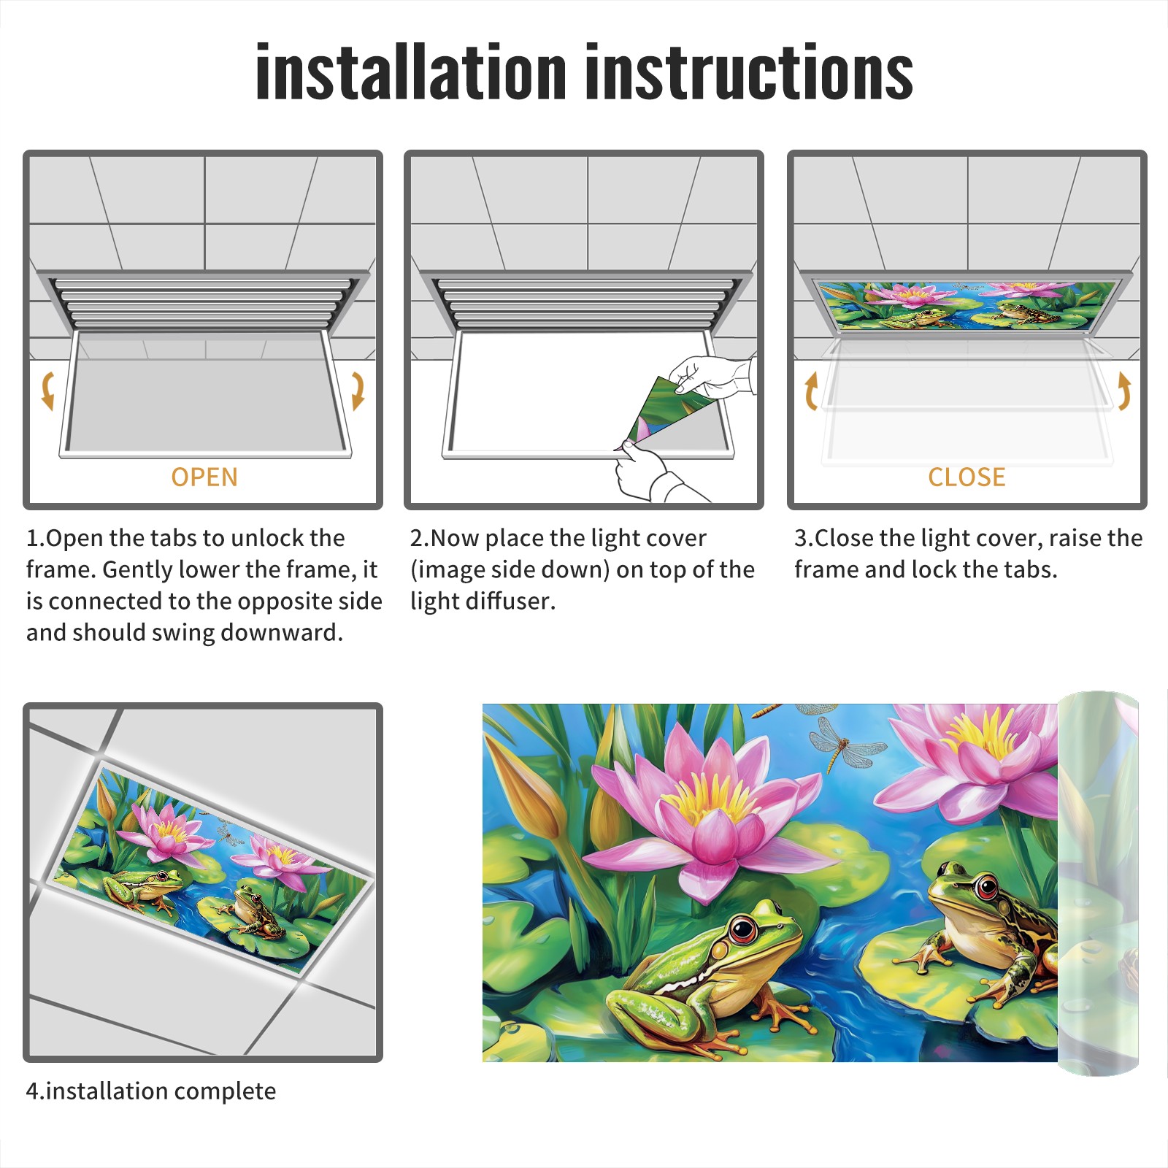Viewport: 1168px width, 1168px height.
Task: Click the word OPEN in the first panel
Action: pyautogui.click(x=204, y=477)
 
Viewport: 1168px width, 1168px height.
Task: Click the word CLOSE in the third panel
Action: pyautogui.click(x=967, y=477)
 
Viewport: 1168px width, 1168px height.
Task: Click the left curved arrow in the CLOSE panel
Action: pyautogui.click(x=811, y=391)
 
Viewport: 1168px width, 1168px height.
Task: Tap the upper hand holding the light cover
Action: pyautogui.click(x=712, y=376)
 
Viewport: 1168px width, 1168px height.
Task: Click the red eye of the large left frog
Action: pyautogui.click(x=743, y=930)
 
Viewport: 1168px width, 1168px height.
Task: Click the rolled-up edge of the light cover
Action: pyautogui.click(x=1098, y=883)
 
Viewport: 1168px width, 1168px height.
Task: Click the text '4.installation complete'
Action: pyautogui.click(x=151, y=1091)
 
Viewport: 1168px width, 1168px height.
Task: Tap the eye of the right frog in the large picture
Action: pyautogui.click(x=986, y=889)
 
